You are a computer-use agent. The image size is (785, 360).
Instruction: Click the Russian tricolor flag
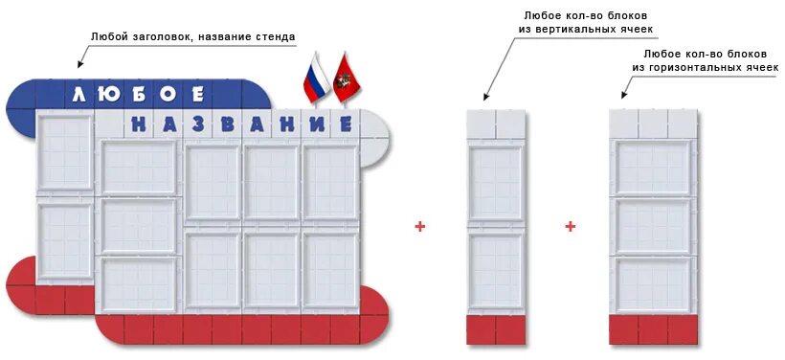pyautogui.click(x=315, y=79)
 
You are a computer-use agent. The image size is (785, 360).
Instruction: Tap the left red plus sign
pyautogui.click(x=419, y=227)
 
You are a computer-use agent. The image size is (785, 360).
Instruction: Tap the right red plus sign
pyautogui.click(x=571, y=227)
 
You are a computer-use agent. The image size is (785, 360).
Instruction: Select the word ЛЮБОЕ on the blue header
pyautogui.click(x=138, y=94)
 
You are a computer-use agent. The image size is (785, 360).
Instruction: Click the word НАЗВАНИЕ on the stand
pyautogui.click(x=240, y=124)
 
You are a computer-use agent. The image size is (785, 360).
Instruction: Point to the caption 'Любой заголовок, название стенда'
pyautogui.click(x=192, y=37)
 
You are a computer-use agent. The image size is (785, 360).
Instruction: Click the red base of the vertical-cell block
pyautogui.click(x=496, y=329)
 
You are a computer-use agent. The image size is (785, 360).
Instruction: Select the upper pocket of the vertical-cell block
pyautogui.click(x=496, y=182)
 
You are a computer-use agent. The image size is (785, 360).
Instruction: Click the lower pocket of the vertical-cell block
pyautogui.click(x=496, y=270)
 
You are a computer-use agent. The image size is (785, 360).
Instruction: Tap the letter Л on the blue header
pyautogui.click(x=78, y=94)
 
